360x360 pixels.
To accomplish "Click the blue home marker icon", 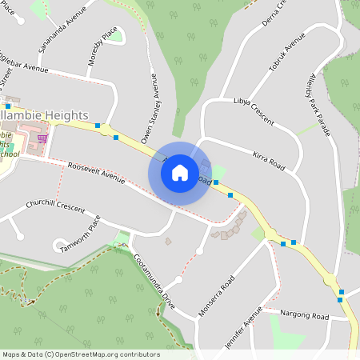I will pos(180,172).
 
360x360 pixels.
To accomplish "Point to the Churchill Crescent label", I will pos(55,207).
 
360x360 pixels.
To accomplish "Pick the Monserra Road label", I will pos(216,295).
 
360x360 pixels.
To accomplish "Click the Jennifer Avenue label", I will pos(254,324).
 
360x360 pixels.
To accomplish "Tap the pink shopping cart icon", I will pos(42,138).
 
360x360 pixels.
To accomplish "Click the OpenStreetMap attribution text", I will pos(81,354).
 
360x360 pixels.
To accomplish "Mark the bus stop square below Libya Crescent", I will pos(216,182).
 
